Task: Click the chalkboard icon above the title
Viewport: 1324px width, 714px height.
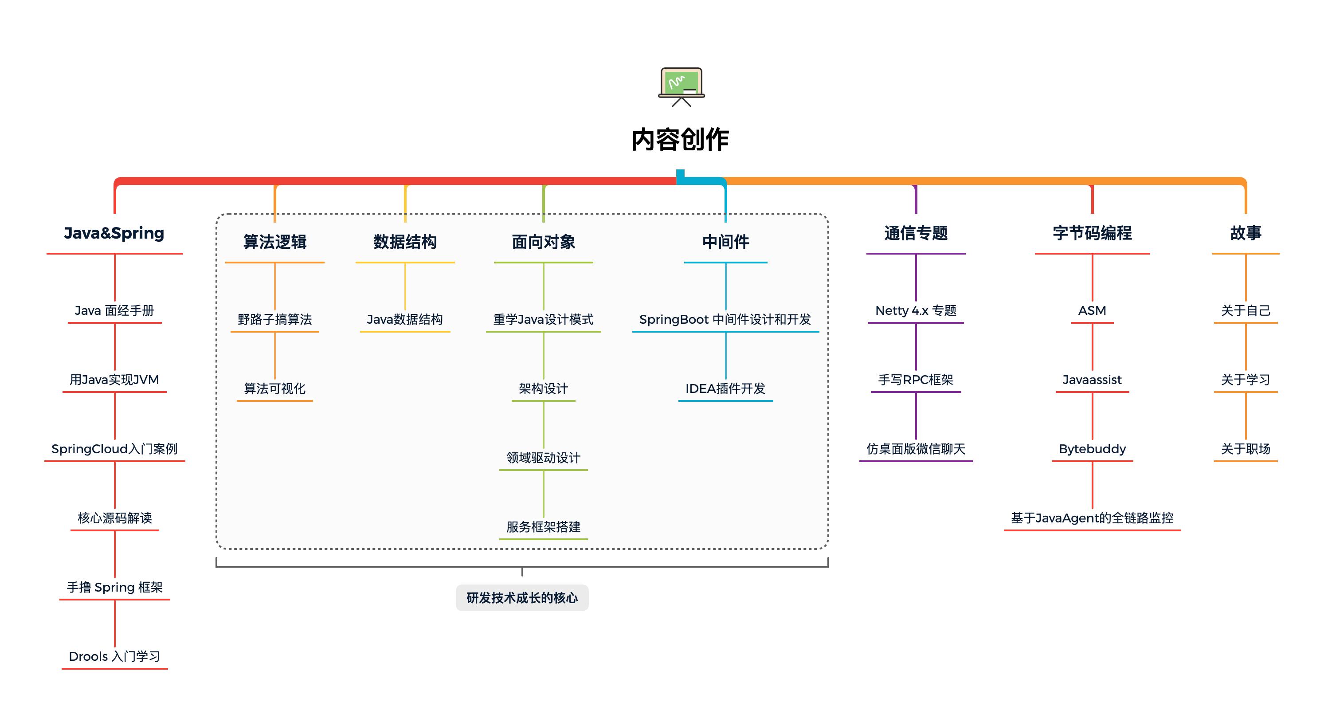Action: coord(681,86)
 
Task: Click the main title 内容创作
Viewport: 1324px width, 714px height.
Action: coord(680,140)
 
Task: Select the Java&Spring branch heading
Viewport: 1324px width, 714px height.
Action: coord(114,233)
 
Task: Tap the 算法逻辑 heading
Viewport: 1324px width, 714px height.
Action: coord(275,242)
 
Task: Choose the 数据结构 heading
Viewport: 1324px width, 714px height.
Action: coord(405,242)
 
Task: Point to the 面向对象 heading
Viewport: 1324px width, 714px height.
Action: coord(543,242)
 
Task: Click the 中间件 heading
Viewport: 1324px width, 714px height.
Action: coord(725,242)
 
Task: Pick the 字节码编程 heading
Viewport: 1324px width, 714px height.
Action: coord(1092,233)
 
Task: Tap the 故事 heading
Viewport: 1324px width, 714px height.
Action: coord(1246,233)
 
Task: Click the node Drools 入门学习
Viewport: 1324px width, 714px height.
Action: coord(114,656)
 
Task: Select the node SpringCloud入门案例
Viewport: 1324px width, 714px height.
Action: coord(114,449)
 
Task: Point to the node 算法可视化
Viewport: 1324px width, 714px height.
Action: coord(275,388)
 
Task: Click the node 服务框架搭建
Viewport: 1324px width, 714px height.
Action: coord(543,527)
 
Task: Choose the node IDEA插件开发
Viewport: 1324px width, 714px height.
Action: coord(725,388)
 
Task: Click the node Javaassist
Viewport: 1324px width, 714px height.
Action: coord(1092,380)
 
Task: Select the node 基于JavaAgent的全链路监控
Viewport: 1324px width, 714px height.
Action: coord(1092,518)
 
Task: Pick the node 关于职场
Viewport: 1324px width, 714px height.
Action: coord(1246,449)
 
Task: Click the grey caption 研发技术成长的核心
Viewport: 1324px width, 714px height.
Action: coord(522,598)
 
